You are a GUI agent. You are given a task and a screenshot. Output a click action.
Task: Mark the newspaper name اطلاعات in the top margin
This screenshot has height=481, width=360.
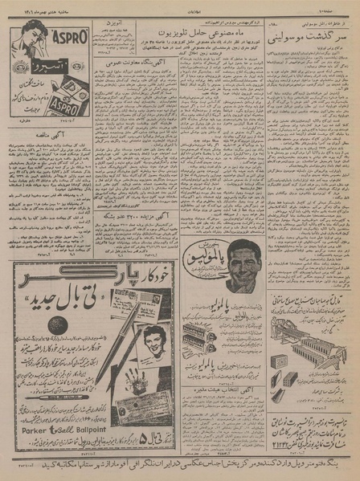tap(180, 5)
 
